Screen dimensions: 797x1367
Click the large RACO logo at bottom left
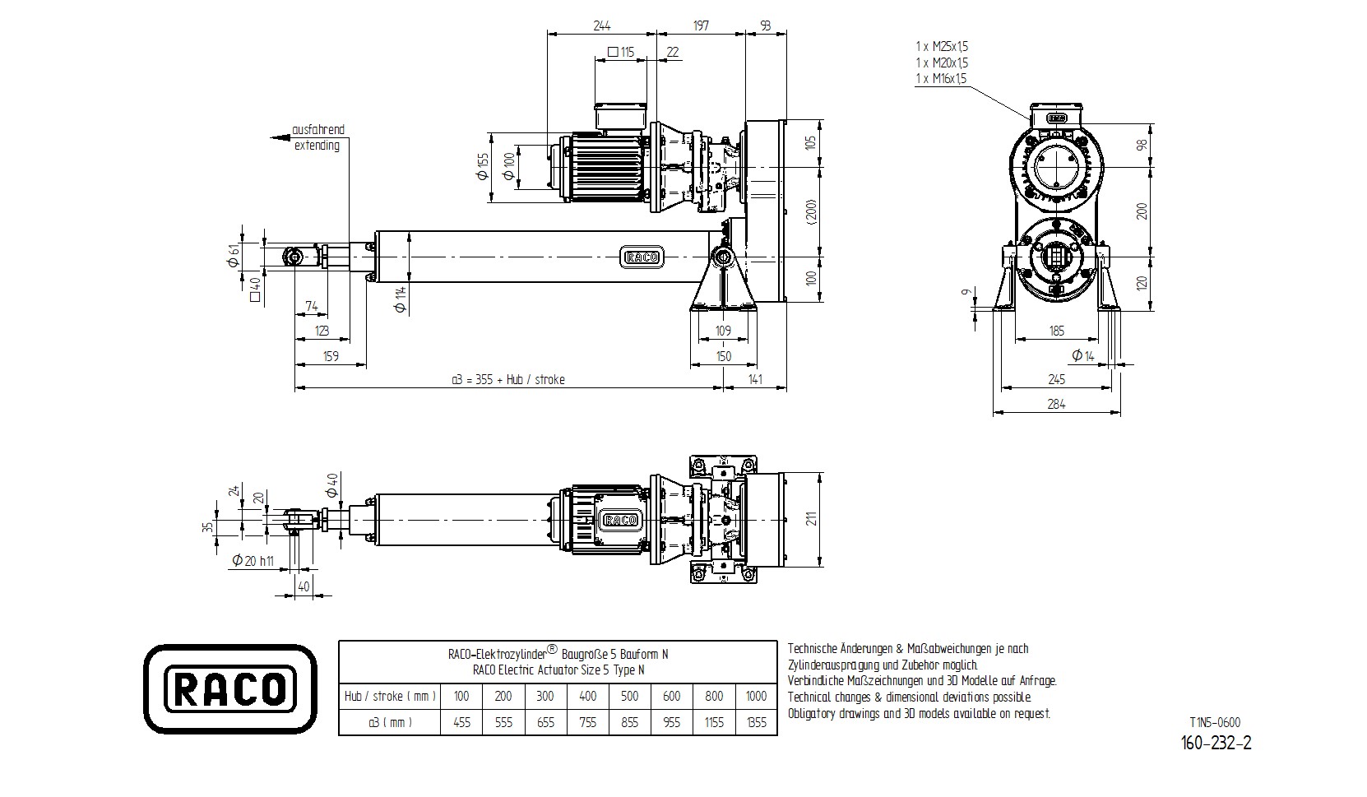point(231,688)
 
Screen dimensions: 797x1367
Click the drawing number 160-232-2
point(1216,743)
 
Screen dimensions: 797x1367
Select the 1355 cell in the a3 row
point(756,722)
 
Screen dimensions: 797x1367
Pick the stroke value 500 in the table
point(629,696)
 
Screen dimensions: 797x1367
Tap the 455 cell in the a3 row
point(461,722)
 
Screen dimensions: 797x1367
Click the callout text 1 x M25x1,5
point(942,47)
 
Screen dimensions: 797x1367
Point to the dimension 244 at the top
point(601,25)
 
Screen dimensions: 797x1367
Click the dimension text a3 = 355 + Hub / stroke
point(508,379)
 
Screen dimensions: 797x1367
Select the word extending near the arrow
point(317,146)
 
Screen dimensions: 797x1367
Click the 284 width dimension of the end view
point(1056,404)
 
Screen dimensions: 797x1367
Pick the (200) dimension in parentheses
point(811,212)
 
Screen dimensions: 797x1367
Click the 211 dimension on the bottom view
point(811,519)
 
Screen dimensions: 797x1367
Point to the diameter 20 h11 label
point(253,561)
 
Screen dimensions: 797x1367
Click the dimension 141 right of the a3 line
point(755,379)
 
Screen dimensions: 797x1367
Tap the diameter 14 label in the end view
point(1083,355)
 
